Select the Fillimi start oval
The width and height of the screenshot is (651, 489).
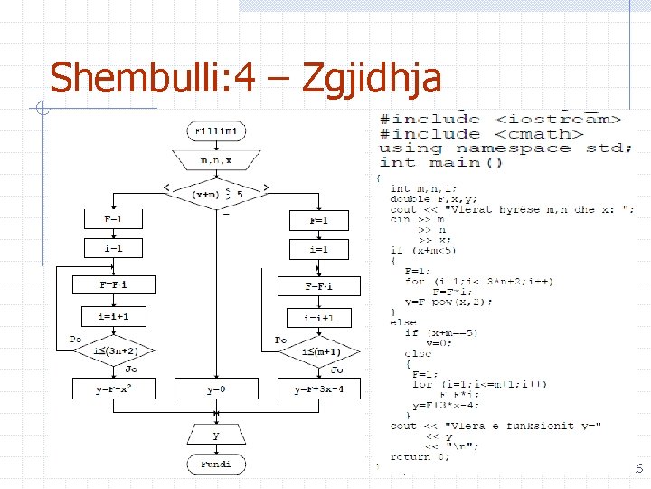coord(215,131)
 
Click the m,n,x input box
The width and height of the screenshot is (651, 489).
coord(215,160)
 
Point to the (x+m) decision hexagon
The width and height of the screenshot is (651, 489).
coord(216,193)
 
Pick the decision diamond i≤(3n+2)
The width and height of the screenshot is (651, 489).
coord(112,350)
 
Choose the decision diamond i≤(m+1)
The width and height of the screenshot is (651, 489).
coord(319,350)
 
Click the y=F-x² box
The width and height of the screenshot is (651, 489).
coord(112,389)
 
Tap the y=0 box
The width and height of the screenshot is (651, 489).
coord(215,389)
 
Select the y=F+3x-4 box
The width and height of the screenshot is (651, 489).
coord(319,389)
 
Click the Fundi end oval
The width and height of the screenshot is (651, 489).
coord(215,464)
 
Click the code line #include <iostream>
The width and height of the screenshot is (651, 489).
coord(502,119)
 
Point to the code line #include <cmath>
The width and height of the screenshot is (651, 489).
coord(476,133)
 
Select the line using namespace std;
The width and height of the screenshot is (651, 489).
coord(505,148)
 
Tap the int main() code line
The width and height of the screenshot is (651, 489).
coord(441,162)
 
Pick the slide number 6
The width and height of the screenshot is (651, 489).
coord(639,468)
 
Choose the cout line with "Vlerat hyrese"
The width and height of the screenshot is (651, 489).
coord(512,210)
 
